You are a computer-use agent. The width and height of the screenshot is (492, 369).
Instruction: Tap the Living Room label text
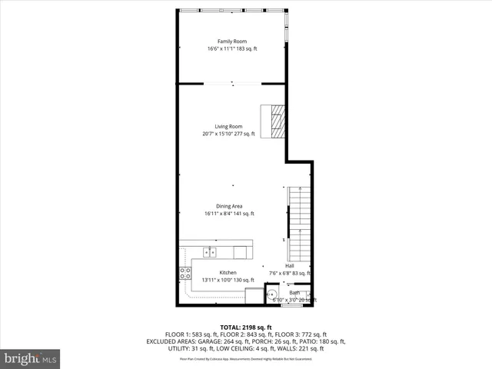pyautogui.click(x=228, y=126)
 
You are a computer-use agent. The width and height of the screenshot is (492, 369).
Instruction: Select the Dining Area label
pyautogui.click(x=228, y=206)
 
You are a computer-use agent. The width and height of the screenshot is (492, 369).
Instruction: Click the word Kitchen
pyautogui.click(x=228, y=272)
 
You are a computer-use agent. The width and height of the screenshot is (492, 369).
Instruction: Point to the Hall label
pyautogui.click(x=290, y=266)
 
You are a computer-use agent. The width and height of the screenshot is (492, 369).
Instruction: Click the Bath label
pyautogui.click(x=294, y=292)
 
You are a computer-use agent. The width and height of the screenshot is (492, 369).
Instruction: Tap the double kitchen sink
pyautogui.click(x=210, y=251)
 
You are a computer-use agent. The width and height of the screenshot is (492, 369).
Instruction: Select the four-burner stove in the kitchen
pyautogui.click(x=185, y=271)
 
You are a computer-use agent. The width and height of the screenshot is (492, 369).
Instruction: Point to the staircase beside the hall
pyautogui.click(x=300, y=223)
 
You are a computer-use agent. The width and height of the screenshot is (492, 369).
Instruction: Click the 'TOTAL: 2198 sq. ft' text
pyautogui.click(x=245, y=327)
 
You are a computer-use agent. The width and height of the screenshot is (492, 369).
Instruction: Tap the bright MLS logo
pyautogui.click(x=31, y=358)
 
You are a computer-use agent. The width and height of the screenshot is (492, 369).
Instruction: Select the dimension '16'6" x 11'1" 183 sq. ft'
pyautogui.click(x=231, y=49)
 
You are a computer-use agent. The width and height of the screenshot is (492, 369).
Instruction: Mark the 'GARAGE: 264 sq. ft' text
pyautogui.click(x=229, y=341)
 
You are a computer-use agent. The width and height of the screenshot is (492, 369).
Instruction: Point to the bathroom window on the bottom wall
pyautogui.click(x=291, y=306)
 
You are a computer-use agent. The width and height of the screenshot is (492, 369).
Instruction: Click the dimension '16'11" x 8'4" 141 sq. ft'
pyautogui.click(x=229, y=214)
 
